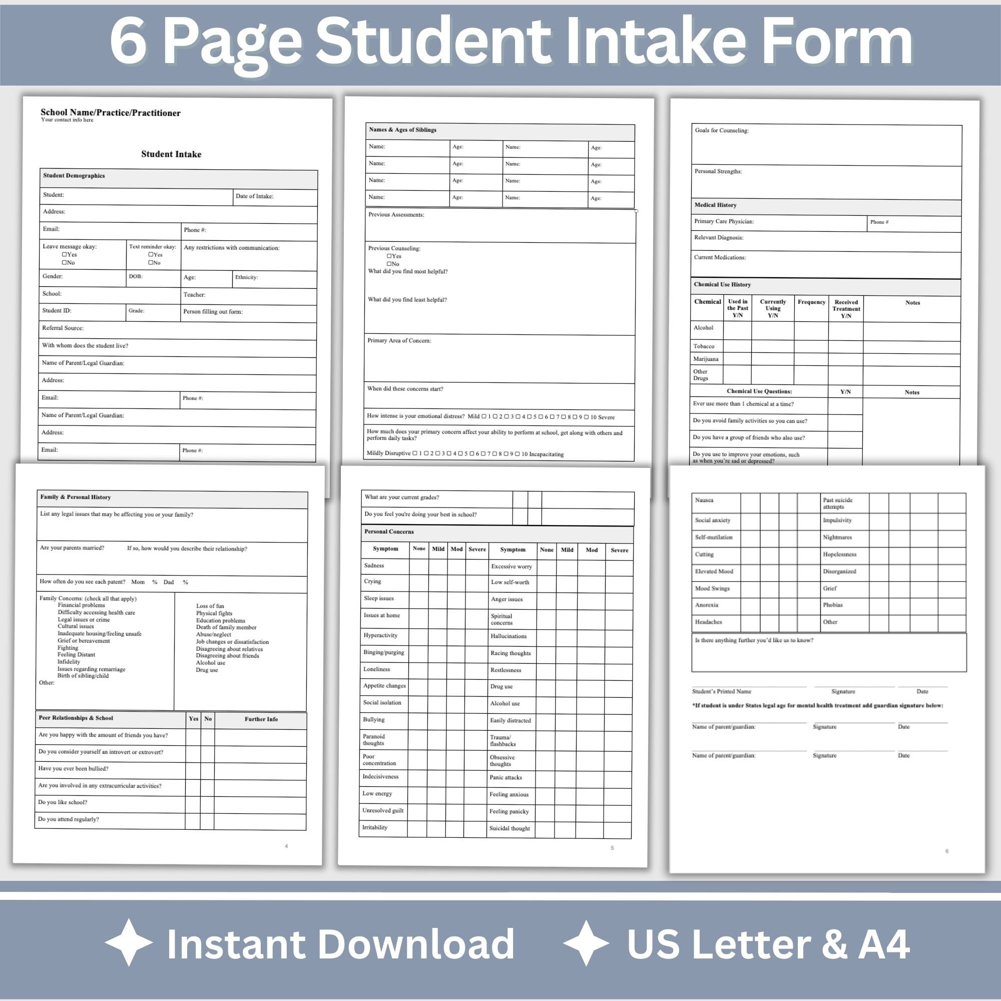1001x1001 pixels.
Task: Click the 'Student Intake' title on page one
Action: pyautogui.click(x=171, y=154)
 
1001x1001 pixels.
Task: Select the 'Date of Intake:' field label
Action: pyautogui.click(x=254, y=196)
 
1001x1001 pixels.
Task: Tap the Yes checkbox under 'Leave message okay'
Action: pyautogui.click(x=65, y=254)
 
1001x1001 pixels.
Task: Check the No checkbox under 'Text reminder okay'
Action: pyautogui.click(x=151, y=263)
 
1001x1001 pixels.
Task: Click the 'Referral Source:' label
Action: pyautogui.click(x=63, y=328)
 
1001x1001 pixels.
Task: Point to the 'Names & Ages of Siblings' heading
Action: pyautogui.click(x=402, y=130)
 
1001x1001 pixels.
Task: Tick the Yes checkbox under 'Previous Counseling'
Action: pyautogui.click(x=389, y=256)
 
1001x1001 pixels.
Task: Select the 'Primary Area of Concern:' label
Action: pyautogui.click(x=399, y=340)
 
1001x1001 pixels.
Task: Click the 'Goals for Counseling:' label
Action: pyautogui.click(x=721, y=131)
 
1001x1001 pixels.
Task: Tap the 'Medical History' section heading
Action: pyautogui.click(x=715, y=205)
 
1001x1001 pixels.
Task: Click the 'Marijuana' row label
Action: pyautogui.click(x=706, y=359)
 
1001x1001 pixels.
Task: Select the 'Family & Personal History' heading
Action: pyautogui.click(x=76, y=497)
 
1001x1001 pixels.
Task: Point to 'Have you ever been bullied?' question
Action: pyautogui.click(x=73, y=768)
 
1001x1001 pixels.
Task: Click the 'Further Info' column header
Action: pyautogui.click(x=261, y=719)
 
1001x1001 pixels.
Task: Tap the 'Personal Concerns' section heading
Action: pyautogui.click(x=389, y=532)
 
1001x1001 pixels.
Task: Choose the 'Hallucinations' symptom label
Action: pyautogui.click(x=509, y=636)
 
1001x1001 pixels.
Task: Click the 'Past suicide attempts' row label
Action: pyautogui.click(x=837, y=503)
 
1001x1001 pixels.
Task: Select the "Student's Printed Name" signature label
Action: pyautogui.click(x=721, y=691)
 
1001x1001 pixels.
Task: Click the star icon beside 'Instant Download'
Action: pyautogui.click(x=129, y=943)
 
